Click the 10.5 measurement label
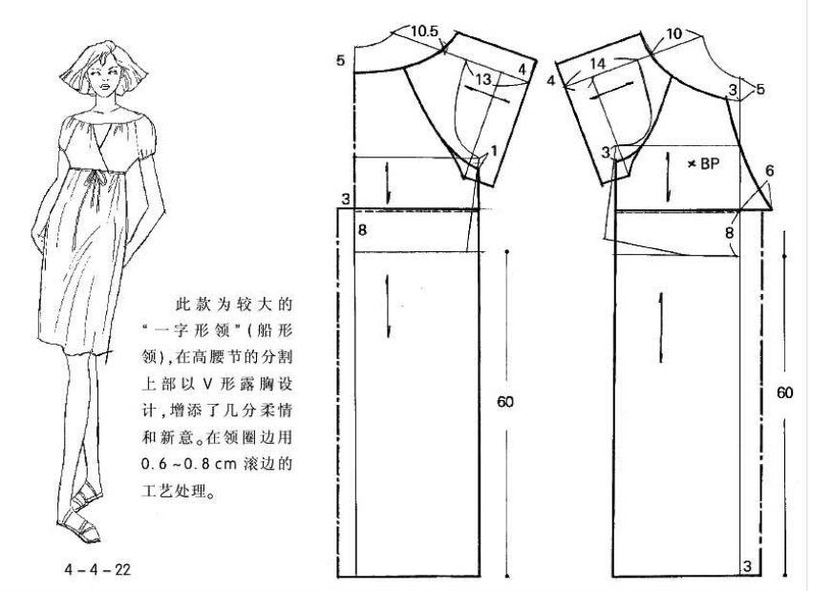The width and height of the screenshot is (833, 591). (x=424, y=32)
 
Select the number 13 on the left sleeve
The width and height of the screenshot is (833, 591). (x=483, y=79)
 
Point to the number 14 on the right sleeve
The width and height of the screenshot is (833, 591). (x=597, y=64)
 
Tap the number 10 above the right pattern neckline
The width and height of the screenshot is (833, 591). (x=673, y=34)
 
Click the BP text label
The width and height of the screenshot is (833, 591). (x=710, y=163)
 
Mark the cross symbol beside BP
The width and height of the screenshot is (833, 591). (x=692, y=164)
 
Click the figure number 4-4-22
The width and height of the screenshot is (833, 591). (x=97, y=570)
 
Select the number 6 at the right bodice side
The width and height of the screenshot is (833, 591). (x=769, y=171)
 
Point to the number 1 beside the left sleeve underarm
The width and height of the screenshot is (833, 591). (x=494, y=152)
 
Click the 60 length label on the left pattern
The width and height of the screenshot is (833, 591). (x=505, y=401)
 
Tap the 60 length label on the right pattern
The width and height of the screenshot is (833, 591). (x=784, y=392)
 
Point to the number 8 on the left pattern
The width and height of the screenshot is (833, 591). (x=362, y=230)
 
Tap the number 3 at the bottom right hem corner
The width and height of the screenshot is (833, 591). (x=747, y=566)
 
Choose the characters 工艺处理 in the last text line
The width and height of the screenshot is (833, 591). (x=172, y=490)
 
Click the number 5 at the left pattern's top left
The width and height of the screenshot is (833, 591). (x=340, y=60)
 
